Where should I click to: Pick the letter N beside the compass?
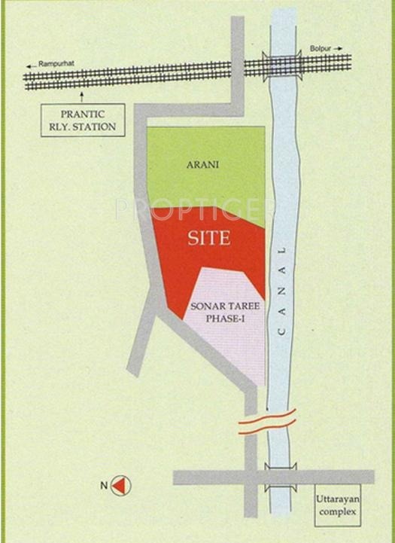[x=103, y=486]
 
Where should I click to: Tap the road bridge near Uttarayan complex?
[x=281, y=477]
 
